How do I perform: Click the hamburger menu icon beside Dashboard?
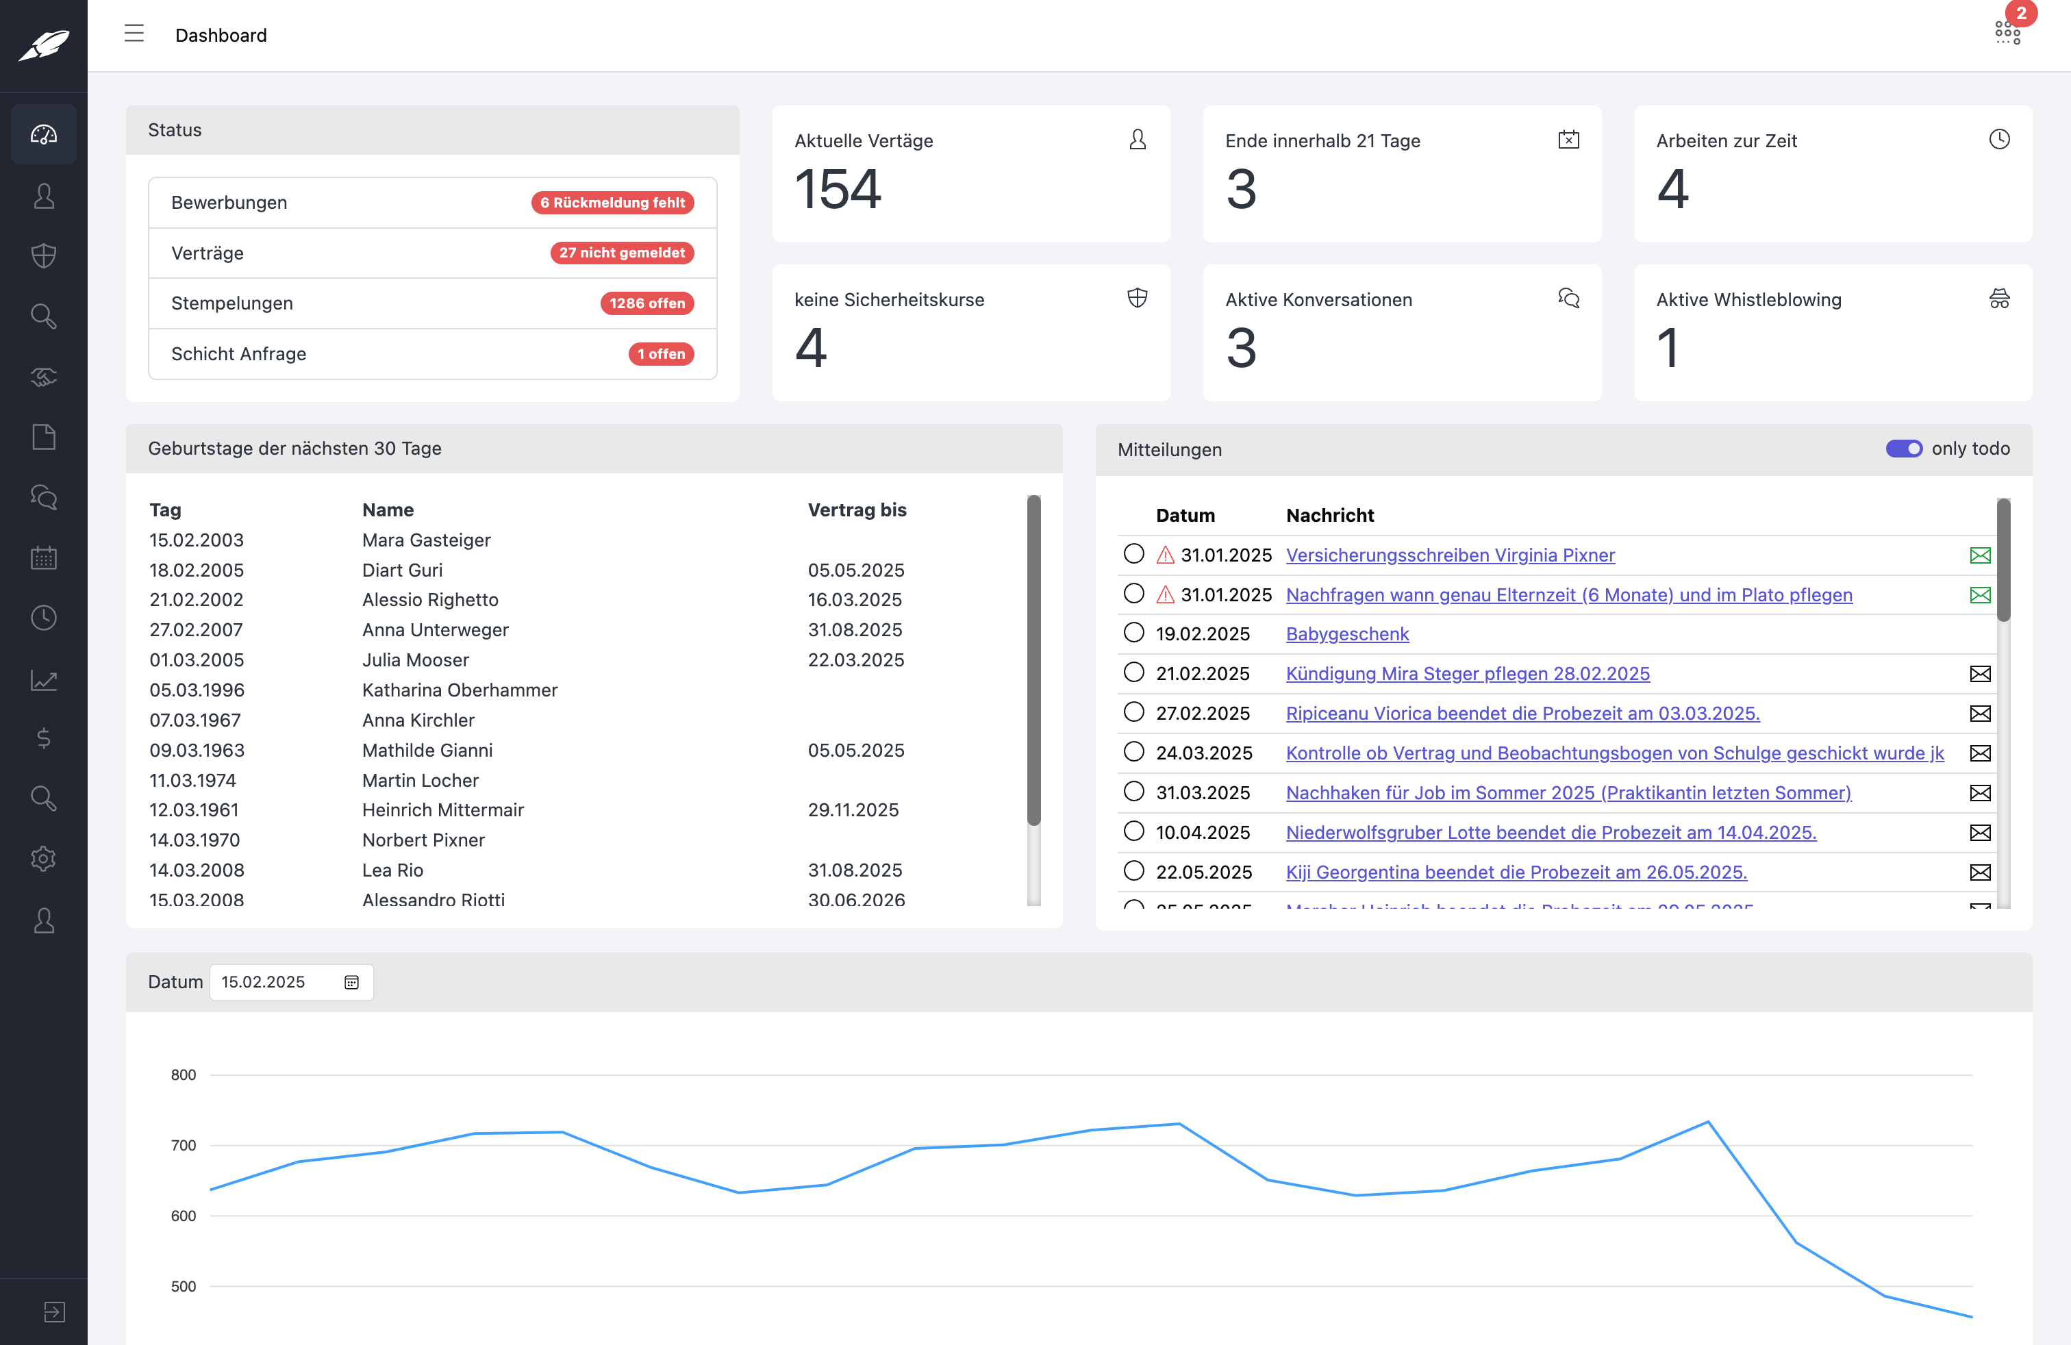click(134, 34)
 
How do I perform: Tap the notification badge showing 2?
click(2020, 14)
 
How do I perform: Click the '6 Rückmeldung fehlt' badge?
click(612, 203)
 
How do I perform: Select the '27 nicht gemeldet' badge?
click(621, 253)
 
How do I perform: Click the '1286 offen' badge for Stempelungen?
click(647, 303)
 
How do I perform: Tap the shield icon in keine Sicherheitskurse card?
click(1136, 299)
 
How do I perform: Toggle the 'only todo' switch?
click(1903, 449)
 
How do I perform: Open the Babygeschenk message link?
click(1347, 634)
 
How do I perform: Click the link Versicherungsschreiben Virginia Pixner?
click(1450, 555)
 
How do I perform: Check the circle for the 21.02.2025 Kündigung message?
click(1133, 672)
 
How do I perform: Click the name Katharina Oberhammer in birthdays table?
click(460, 690)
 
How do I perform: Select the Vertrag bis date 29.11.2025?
click(853, 810)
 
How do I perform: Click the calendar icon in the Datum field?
click(351, 982)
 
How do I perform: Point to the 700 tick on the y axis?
click(184, 1146)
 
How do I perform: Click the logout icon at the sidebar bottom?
click(54, 1311)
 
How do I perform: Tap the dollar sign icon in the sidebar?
click(44, 739)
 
